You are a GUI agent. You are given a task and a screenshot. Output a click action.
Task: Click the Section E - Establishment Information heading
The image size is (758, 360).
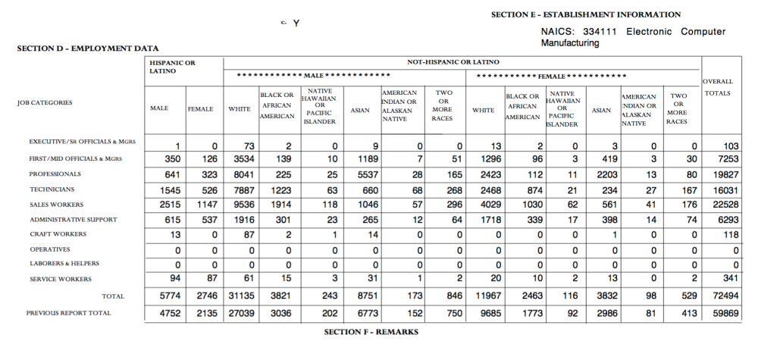tap(586, 14)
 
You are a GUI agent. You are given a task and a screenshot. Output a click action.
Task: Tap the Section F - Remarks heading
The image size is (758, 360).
tap(371, 332)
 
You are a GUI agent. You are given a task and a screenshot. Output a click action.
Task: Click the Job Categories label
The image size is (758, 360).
tap(45, 102)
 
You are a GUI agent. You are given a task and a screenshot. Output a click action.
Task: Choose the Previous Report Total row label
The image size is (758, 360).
tap(68, 313)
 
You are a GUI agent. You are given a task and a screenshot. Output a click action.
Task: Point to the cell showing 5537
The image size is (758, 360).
tap(359, 174)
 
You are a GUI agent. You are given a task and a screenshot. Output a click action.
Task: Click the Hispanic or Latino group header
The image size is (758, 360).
tap(172, 67)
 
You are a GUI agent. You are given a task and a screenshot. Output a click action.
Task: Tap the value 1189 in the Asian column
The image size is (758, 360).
tap(359, 159)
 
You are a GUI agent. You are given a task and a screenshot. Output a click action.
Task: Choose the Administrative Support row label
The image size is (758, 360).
tap(73, 220)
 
